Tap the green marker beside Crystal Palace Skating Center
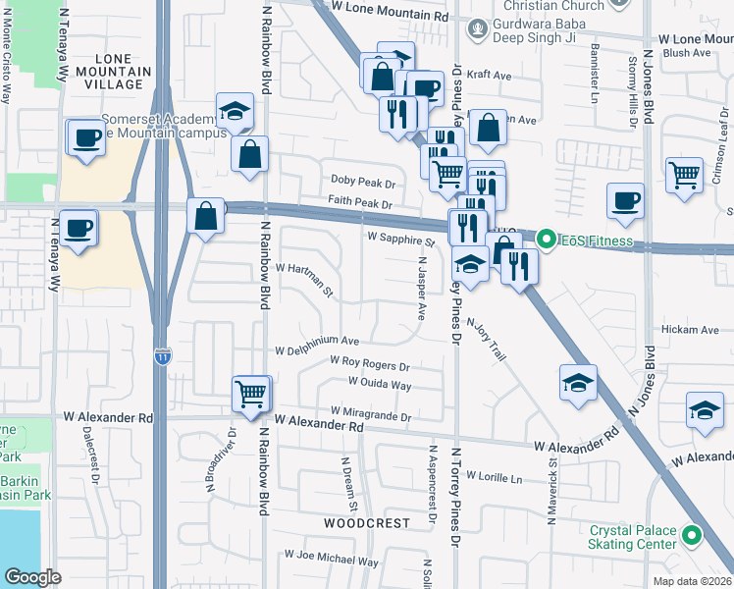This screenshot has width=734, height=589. pyautogui.click(x=693, y=537)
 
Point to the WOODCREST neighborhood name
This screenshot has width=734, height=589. pyautogui.click(x=367, y=523)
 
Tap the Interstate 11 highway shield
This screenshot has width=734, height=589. pyautogui.click(x=162, y=358)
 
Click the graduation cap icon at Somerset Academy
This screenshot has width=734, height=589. pyautogui.click(x=236, y=112)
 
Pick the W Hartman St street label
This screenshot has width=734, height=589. pyautogui.click(x=305, y=280)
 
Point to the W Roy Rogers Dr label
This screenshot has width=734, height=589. pyautogui.click(x=369, y=365)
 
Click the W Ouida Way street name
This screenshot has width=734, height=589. pyautogui.click(x=379, y=384)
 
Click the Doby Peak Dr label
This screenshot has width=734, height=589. pyautogui.click(x=362, y=183)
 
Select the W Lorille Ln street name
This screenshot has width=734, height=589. pyautogui.click(x=498, y=476)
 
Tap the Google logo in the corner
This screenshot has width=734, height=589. pyautogui.click(x=33, y=577)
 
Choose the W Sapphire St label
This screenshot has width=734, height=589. pyautogui.click(x=400, y=239)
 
